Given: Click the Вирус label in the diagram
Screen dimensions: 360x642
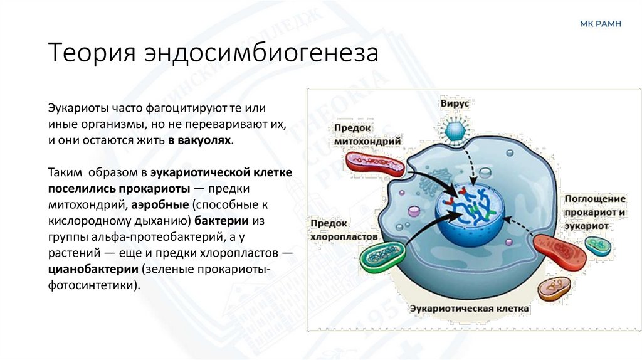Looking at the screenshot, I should pyautogui.click(x=455, y=102).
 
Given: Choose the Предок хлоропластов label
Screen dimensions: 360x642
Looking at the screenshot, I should pyautogui.click(x=344, y=230).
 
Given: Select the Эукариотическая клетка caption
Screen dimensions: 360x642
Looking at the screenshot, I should pyautogui.click(x=469, y=309).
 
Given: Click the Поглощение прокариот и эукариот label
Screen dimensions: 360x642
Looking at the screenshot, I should pyautogui.click(x=594, y=213).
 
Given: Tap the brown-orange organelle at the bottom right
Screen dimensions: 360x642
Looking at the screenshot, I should pyautogui.click(x=554, y=288).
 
